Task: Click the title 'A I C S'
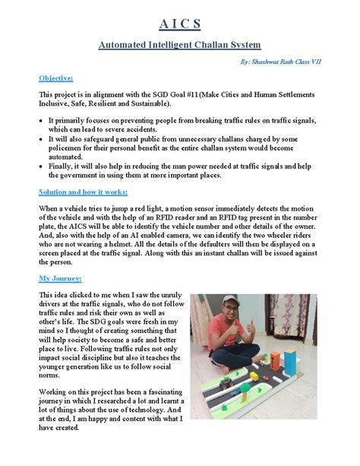coord(179,22)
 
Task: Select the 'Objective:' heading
coord(55,78)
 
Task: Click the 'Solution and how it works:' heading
coord(84,192)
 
